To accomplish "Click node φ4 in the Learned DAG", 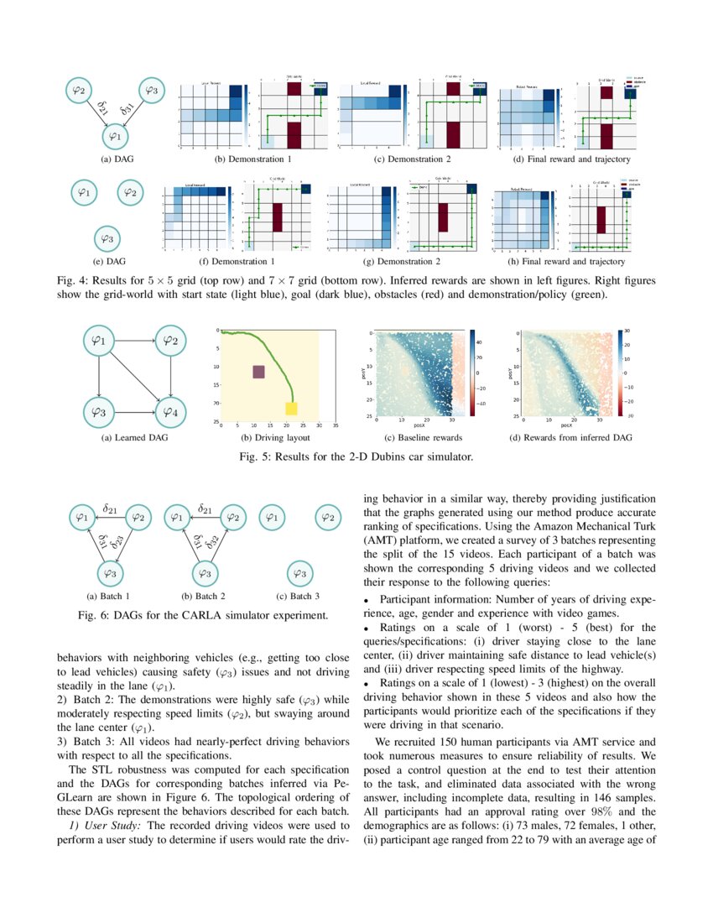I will click(x=170, y=411).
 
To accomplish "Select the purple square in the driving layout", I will click(x=258, y=372).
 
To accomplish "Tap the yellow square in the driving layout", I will click(x=292, y=409).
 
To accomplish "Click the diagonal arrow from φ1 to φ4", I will click(x=135, y=376).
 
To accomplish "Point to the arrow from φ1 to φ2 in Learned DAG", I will click(x=134, y=341).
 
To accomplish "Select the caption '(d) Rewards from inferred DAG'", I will click(x=570, y=437).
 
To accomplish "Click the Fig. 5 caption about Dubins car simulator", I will click(x=356, y=457).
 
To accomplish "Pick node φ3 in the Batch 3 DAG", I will click(x=298, y=573).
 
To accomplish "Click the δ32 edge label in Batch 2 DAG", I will click(x=214, y=545).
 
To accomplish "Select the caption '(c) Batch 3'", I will click(x=298, y=597).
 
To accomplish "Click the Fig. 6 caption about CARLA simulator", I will click(x=202, y=616).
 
